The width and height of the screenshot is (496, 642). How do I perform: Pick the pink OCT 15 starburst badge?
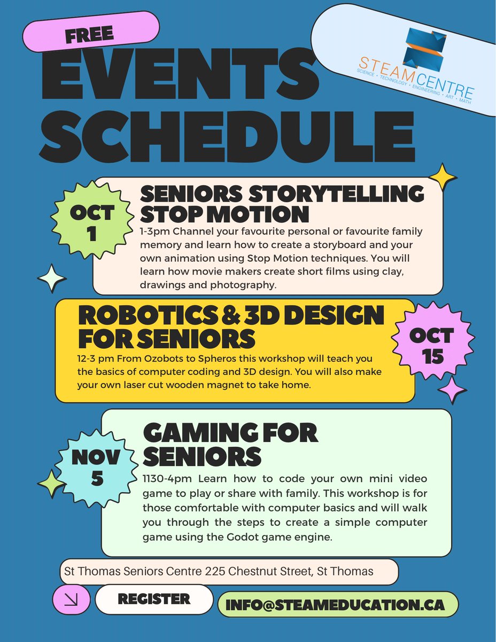point(432,345)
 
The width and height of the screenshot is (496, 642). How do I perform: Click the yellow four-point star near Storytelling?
point(442,178)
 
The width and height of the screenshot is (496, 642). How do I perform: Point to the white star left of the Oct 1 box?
point(52,278)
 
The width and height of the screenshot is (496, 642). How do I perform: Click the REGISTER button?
point(154,599)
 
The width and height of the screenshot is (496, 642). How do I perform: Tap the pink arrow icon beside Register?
point(69,601)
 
